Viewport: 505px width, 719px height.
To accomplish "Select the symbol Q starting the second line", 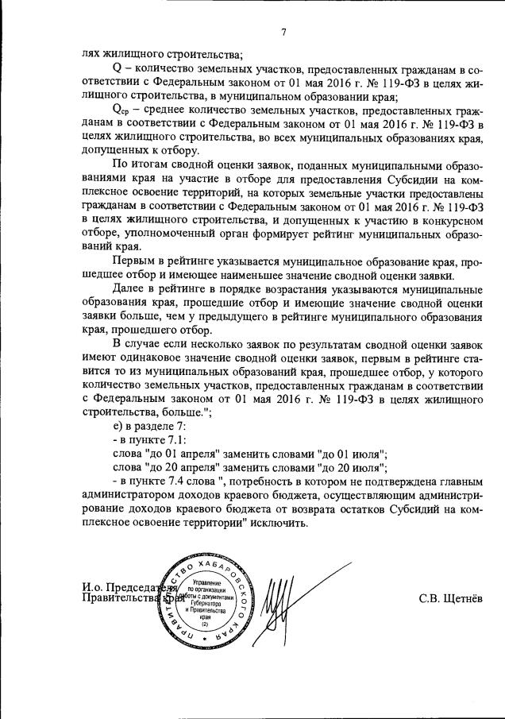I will coord(118,70).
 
